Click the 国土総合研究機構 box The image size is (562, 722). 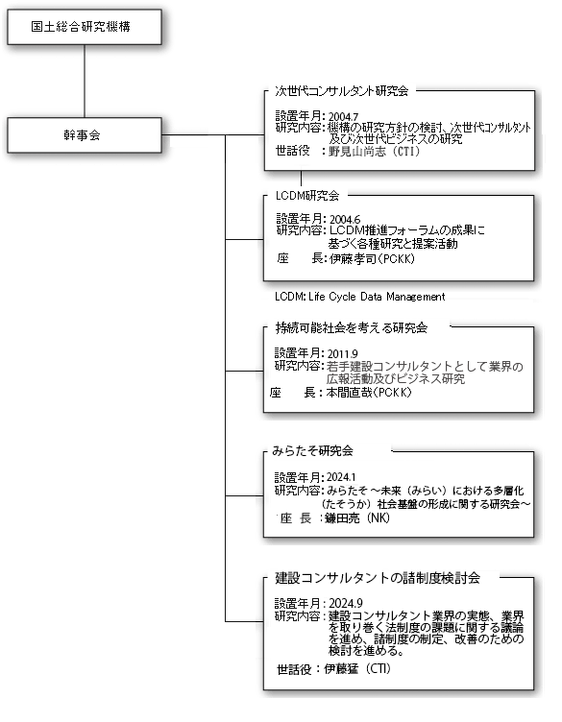(85, 27)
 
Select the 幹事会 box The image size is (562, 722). (85, 135)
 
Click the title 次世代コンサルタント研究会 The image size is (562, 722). (341, 91)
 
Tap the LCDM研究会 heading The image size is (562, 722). (307, 196)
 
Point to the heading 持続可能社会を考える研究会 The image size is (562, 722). (352, 327)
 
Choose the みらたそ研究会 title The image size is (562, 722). (313, 451)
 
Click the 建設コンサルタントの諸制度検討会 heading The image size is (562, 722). (378, 578)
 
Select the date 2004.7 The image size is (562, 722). (343, 117)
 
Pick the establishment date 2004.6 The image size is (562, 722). (345, 220)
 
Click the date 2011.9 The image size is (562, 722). (342, 354)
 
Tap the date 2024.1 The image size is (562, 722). (341, 477)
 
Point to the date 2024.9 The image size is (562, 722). (346, 603)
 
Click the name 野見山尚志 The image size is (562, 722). (357, 152)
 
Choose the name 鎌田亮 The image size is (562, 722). (342, 518)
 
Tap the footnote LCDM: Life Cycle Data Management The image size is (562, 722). (359, 297)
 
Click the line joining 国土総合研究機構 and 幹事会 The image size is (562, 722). (85, 81)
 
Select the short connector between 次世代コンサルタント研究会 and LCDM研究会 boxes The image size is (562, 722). (302, 179)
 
